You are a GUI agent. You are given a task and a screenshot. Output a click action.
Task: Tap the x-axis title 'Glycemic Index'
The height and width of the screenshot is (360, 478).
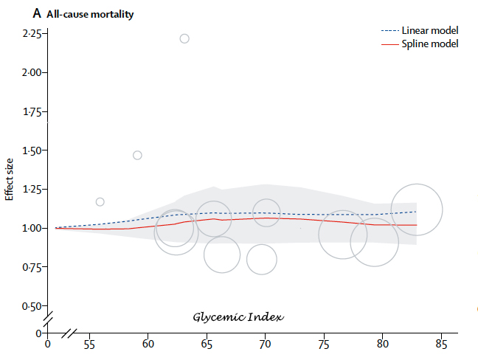pos(239,316)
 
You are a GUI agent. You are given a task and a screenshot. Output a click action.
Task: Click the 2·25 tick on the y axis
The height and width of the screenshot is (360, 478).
pos(33,34)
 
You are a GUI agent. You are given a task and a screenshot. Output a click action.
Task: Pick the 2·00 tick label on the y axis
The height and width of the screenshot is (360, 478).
pos(33,73)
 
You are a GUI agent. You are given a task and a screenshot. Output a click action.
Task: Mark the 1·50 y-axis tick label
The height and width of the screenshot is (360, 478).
pos(33,150)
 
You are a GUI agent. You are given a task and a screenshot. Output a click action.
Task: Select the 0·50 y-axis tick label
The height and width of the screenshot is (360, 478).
pos(33,305)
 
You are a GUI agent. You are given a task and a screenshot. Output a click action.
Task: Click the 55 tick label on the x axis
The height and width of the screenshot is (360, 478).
pos(90,345)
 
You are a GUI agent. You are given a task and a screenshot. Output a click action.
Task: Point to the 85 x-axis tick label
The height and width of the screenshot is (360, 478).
pos(441,345)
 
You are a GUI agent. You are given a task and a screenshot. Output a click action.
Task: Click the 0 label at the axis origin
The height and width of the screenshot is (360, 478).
pos(48,345)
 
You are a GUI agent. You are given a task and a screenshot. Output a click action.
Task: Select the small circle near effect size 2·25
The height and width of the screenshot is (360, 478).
pos(184,38)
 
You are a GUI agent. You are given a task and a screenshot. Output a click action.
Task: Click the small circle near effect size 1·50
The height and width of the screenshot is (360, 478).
pos(137,155)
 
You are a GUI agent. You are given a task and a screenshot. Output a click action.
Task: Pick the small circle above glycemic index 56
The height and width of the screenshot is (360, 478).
pos(100,201)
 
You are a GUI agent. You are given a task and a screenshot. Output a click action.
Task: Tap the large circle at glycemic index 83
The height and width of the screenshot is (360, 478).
pos(417,209)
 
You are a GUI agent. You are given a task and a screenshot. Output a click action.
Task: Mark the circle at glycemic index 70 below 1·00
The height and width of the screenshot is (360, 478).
pos(262,259)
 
